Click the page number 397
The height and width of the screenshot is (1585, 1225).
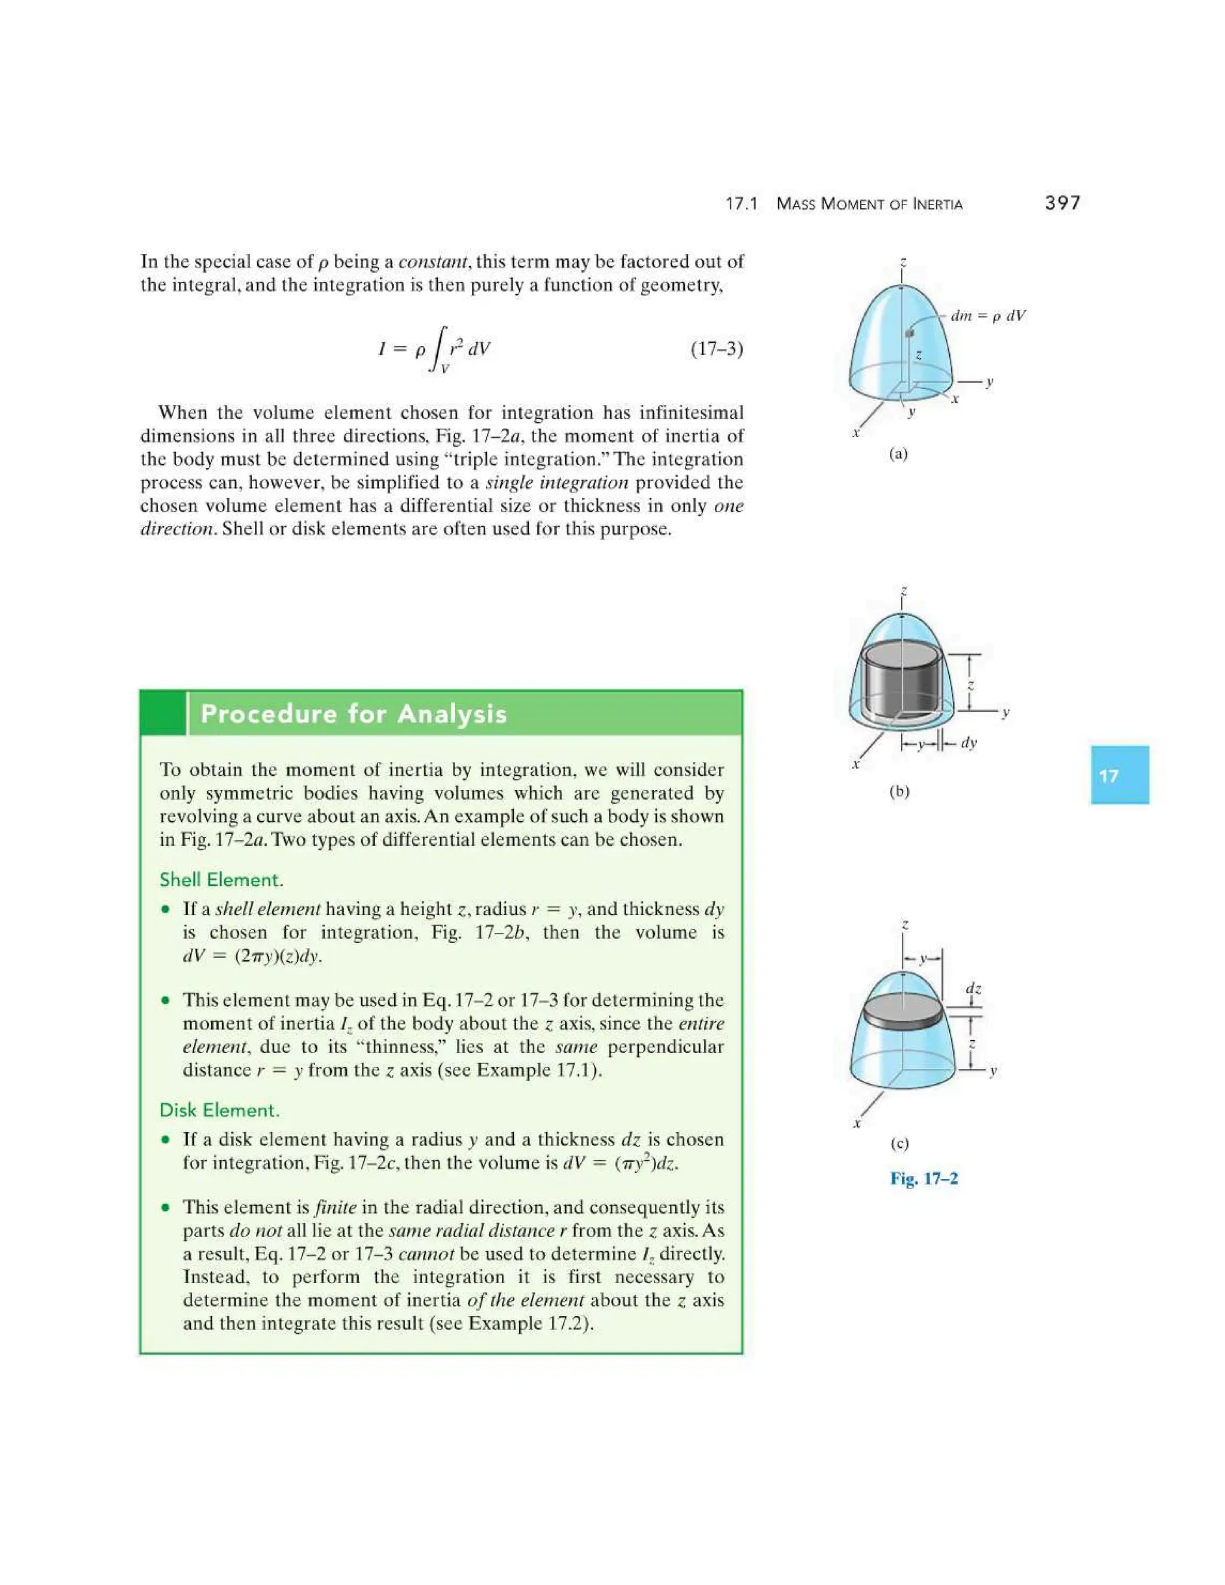point(1062,203)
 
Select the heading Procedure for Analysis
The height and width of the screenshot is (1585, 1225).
point(354,714)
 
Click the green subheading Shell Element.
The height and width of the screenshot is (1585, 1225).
point(221,880)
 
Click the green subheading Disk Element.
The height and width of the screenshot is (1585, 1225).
point(219,1110)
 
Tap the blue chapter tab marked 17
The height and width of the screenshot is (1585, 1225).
point(1119,775)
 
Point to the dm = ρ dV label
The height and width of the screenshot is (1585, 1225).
point(988,316)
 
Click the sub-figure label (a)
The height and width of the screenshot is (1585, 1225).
point(898,455)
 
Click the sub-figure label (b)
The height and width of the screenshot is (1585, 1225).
point(898,792)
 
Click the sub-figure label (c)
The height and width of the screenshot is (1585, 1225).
point(898,1144)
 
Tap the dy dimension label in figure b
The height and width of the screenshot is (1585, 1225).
point(969,742)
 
